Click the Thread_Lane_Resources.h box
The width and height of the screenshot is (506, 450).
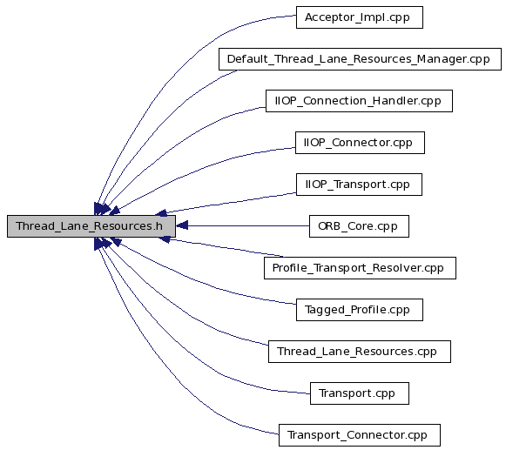coord(91,226)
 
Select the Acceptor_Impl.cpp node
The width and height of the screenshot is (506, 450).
coord(360,17)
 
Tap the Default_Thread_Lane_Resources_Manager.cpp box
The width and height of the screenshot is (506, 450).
coord(361,59)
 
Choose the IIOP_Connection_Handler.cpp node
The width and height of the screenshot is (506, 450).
coord(359,101)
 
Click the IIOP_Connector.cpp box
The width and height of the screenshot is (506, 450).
coord(360,143)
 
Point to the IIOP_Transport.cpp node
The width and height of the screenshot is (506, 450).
coord(359,185)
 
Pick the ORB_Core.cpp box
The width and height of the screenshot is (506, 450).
coord(359,226)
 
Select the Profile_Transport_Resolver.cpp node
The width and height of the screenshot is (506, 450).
coord(361,268)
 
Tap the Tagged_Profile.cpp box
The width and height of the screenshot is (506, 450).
coord(360,310)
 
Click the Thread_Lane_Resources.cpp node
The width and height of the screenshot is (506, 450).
coord(360,352)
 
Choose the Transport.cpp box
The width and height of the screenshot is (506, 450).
coord(360,393)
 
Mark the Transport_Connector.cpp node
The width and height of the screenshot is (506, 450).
coord(360,435)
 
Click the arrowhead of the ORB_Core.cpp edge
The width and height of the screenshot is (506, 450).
coord(182,225)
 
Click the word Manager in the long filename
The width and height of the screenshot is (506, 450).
coord(442,59)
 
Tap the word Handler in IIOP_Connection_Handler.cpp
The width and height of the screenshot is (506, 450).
coord(392,101)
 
